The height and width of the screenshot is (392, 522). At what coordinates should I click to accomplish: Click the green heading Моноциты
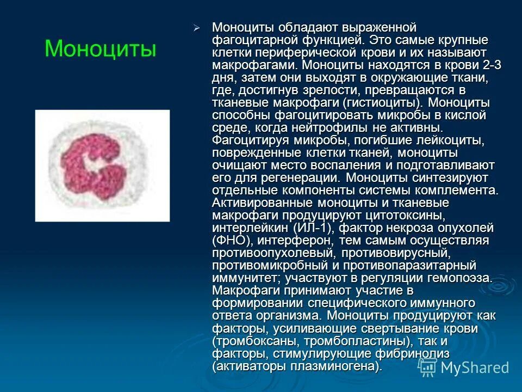(100, 49)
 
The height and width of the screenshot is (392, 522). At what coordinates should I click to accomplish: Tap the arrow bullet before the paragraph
(197, 28)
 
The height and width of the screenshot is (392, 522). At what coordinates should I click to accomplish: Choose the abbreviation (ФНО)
(232, 241)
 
